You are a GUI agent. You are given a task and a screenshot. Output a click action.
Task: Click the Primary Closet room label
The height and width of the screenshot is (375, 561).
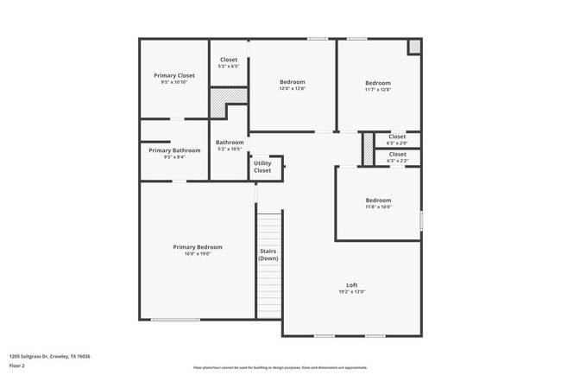[x=173, y=75]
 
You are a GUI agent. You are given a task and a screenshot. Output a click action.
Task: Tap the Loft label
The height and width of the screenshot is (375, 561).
[x=351, y=285]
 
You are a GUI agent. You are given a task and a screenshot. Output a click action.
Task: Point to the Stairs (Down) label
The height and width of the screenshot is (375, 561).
[x=268, y=255]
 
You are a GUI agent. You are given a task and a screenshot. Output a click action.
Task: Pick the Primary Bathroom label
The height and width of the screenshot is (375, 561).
[x=173, y=150]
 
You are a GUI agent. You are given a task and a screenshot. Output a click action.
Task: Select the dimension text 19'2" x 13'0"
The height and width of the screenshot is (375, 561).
[x=351, y=292]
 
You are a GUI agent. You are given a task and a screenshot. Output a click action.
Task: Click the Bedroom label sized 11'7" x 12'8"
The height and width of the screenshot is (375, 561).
[x=377, y=82]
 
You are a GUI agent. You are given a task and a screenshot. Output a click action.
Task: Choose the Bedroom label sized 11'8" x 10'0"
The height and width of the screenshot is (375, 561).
[x=378, y=200]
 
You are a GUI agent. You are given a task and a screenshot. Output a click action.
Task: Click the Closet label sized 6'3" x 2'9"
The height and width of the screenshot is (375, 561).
[x=397, y=137]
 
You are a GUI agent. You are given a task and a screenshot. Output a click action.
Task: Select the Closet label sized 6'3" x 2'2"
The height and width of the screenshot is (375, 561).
[x=397, y=155]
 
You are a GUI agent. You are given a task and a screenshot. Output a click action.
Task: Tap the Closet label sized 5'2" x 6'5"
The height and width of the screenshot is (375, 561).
[x=230, y=59]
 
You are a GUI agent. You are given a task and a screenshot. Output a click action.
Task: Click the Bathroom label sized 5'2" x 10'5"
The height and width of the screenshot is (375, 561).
[x=230, y=143]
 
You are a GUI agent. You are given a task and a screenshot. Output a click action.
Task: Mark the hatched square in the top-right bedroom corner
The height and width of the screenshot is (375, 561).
[x=414, y=47]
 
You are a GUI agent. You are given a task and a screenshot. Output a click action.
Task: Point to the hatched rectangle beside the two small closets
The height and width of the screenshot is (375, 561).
[x=368, y=148]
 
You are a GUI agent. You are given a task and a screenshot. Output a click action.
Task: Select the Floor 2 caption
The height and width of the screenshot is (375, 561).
[x=18, y=366]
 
